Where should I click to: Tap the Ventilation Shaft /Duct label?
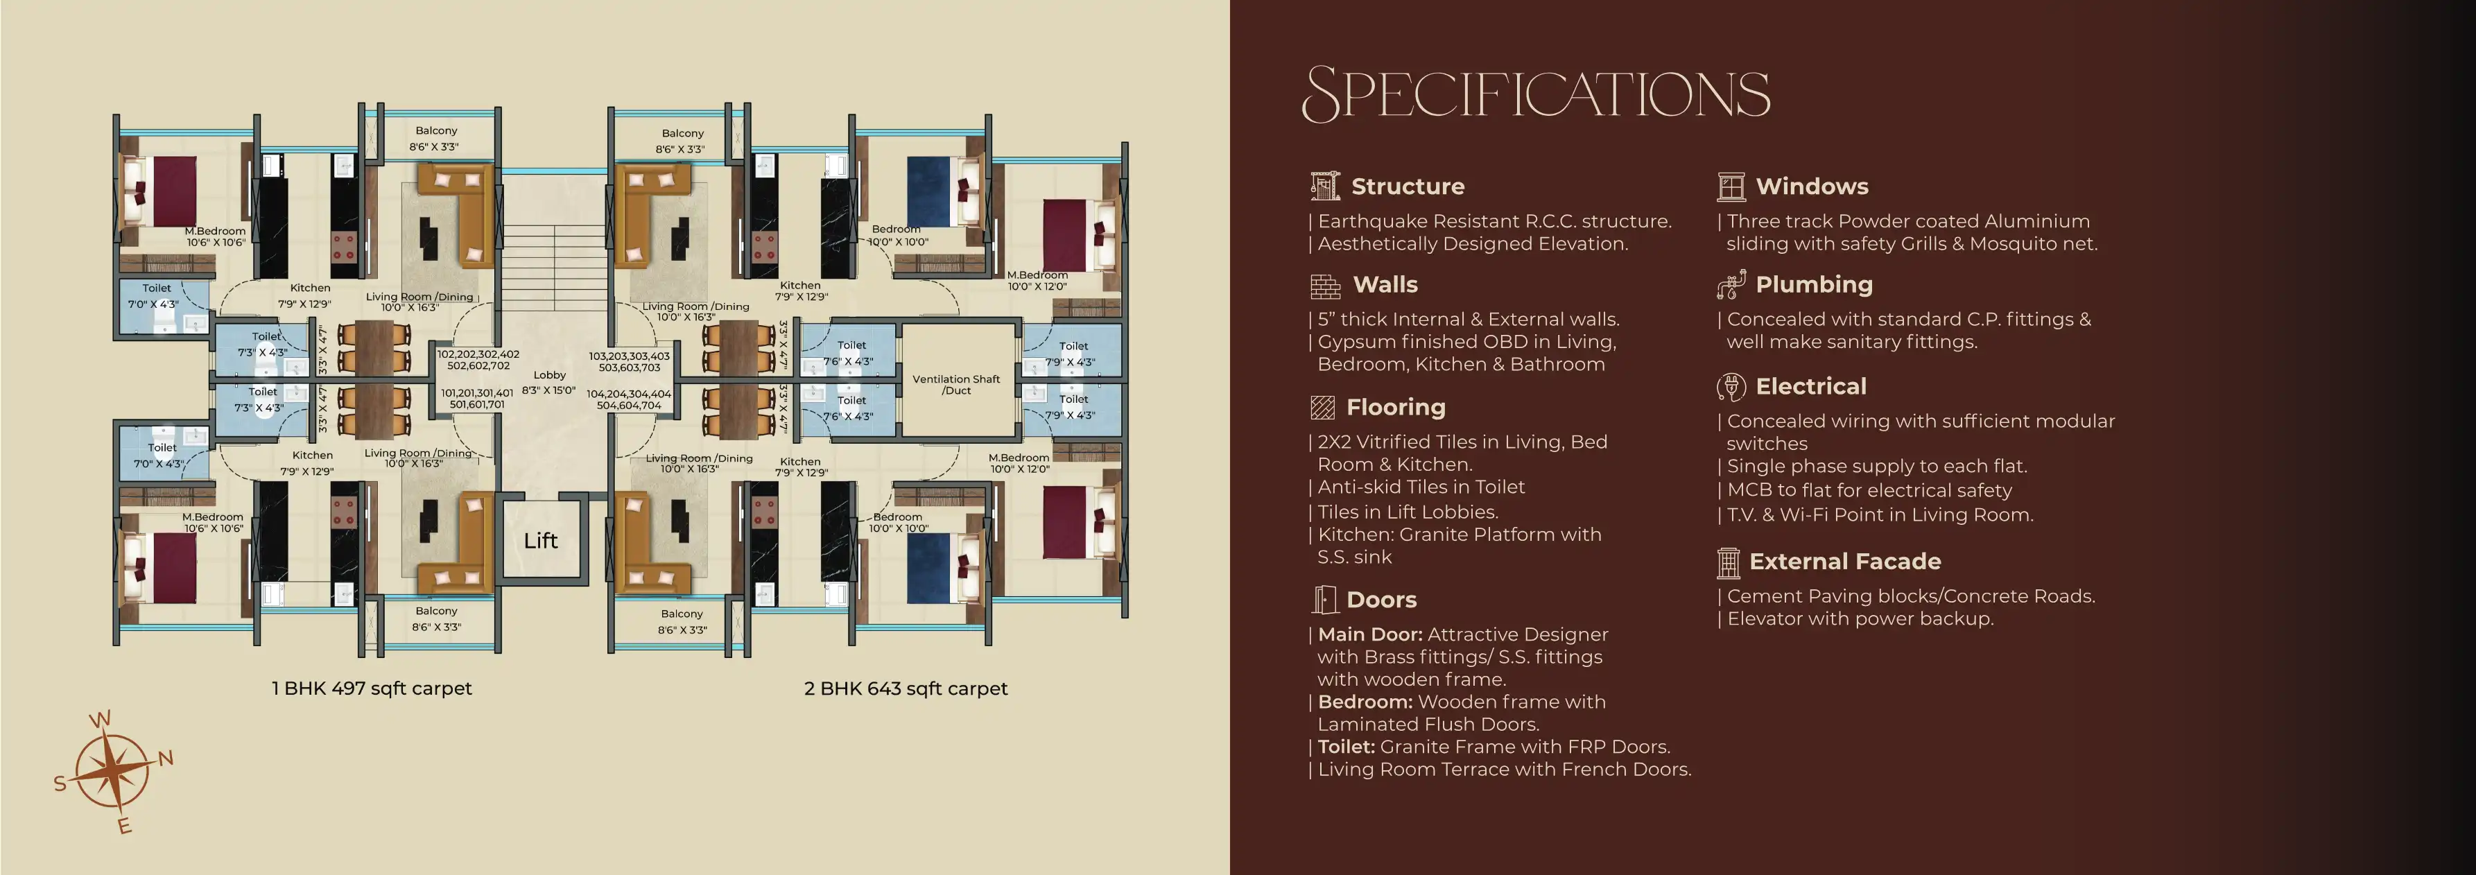pos(956,385)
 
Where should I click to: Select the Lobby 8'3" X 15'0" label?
pos(549,383)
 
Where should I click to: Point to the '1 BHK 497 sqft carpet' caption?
pos(372,688)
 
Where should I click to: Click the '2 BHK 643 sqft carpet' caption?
pos(906,688)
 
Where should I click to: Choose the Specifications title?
pos(1535,94)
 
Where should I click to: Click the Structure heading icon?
pos(1324,186)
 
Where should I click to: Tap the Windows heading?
pos(1812,187)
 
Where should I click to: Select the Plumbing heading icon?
pos(1731,284)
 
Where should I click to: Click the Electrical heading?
pos(1811,386)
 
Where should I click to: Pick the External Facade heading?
pos(1844,562)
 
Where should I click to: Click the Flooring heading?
pos(1396,408)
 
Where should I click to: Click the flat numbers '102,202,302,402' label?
pos(478,354)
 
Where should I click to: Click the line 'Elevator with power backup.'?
pos(1860,618)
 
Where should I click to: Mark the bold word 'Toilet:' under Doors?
pos(1346,747)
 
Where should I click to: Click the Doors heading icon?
pos(1324,600)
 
